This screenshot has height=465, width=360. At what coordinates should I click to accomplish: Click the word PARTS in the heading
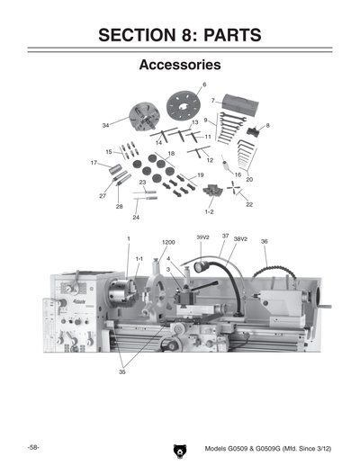(x=225, y=35)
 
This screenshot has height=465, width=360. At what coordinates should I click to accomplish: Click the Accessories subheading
(x=180, y=66)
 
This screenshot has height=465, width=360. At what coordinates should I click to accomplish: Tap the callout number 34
(x=106, y=125)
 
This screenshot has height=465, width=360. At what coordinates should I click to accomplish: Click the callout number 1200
(x=168, y=243)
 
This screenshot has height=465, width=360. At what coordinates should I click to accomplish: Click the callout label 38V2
(x=240, y=239)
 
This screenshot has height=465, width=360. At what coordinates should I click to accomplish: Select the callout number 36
(x=264, y=241)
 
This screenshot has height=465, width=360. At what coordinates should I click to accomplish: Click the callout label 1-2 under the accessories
(x=209, y=212)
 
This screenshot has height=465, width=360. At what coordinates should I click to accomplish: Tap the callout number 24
(x=136, y=217)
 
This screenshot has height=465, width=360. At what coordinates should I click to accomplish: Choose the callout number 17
(x=94, y=163)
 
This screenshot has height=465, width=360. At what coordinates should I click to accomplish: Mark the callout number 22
(x=249, y=204)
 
